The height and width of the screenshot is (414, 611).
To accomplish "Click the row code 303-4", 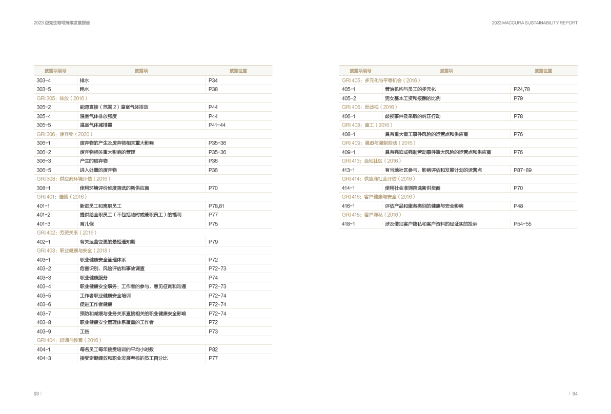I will (x=44, y=80).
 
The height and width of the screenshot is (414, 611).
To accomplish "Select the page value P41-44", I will (x=217, y=125).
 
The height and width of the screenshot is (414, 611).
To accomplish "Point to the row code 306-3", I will (x=44, y=161).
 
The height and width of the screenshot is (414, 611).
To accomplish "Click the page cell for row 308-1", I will (x=213, y=188).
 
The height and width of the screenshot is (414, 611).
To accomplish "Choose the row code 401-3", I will (x=44, y=224).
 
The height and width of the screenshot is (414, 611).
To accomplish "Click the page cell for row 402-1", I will (x=213, y=242).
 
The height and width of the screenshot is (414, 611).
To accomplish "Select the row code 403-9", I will (x=44, y=332).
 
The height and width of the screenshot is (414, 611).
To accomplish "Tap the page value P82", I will (x=213, y=349).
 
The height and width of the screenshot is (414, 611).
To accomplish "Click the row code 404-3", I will (x=44, y=358).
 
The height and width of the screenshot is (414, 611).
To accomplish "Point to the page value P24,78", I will (x=521, y=89).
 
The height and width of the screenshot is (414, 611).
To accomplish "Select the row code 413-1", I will (x=349, y=170).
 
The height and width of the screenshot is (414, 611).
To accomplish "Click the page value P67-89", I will (x=522, y=170).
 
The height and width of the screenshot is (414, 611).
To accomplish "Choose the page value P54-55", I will (x=522, y=224).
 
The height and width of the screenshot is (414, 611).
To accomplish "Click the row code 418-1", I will (x=349, y=224).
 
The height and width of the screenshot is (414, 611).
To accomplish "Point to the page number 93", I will (x=36, y=394).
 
